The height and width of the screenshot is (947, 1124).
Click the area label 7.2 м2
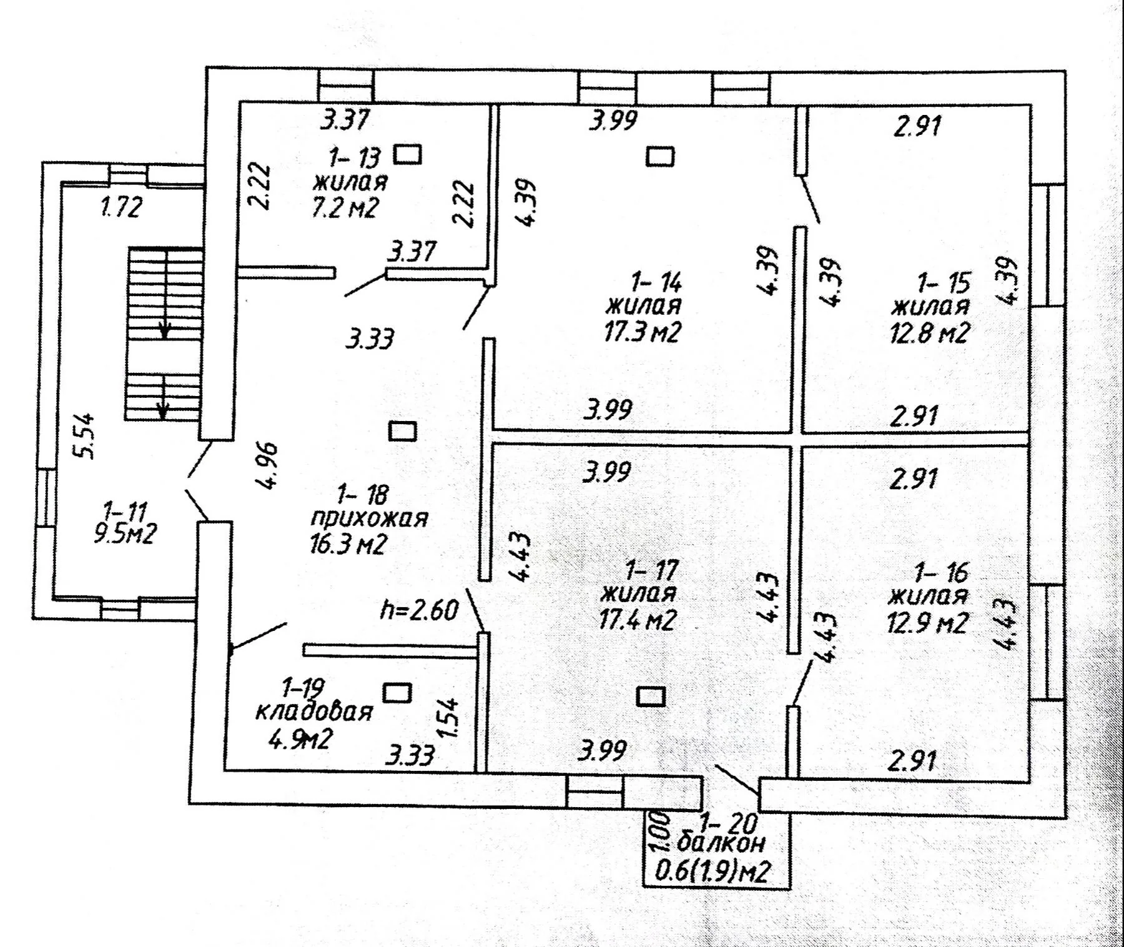tap(345, 207)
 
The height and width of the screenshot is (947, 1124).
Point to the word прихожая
tap(369, 518)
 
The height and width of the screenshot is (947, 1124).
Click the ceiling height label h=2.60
tap(420, 610)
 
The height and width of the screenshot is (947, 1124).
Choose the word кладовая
tap(314, 711)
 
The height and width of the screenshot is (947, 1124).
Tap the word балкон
tap(721, 843)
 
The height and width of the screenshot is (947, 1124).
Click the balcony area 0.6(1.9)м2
tap(712, 870)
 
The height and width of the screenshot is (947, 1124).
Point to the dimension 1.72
tap(122, 207)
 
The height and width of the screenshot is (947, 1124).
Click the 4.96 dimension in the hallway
tap(267, 465)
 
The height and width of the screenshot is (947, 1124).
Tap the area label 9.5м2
tap(125, 534)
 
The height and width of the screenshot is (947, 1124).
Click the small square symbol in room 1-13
tap(407, 154)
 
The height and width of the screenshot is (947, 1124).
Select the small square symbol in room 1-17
tap(651, 696)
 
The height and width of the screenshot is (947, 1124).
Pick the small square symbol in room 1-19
tap(397, 693)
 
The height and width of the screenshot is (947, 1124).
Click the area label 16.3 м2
tap(348, 544)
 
